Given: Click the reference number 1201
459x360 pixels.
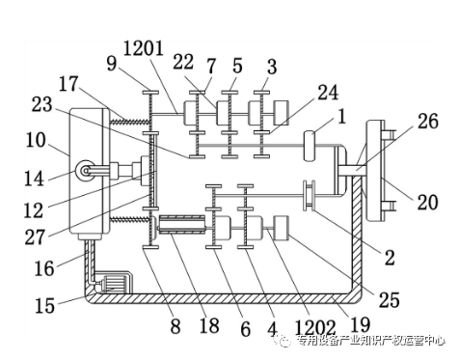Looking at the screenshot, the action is [x=144, y=50].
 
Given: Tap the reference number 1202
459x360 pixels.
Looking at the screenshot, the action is [x=315, y=328].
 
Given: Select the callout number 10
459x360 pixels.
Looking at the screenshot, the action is [x=36, y=140].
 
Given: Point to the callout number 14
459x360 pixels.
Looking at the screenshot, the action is [x=35, y=179].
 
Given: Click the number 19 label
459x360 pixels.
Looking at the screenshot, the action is [x=361, y=324].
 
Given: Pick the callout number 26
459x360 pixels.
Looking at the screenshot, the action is [x=428, y=121].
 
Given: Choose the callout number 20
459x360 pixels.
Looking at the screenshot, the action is [x=428, y=203].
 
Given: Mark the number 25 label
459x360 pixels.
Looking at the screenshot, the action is [x=390, y=300].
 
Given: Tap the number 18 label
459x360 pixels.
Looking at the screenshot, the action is [x=209, y=325].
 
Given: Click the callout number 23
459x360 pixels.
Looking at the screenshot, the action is [x=41, y=104].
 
